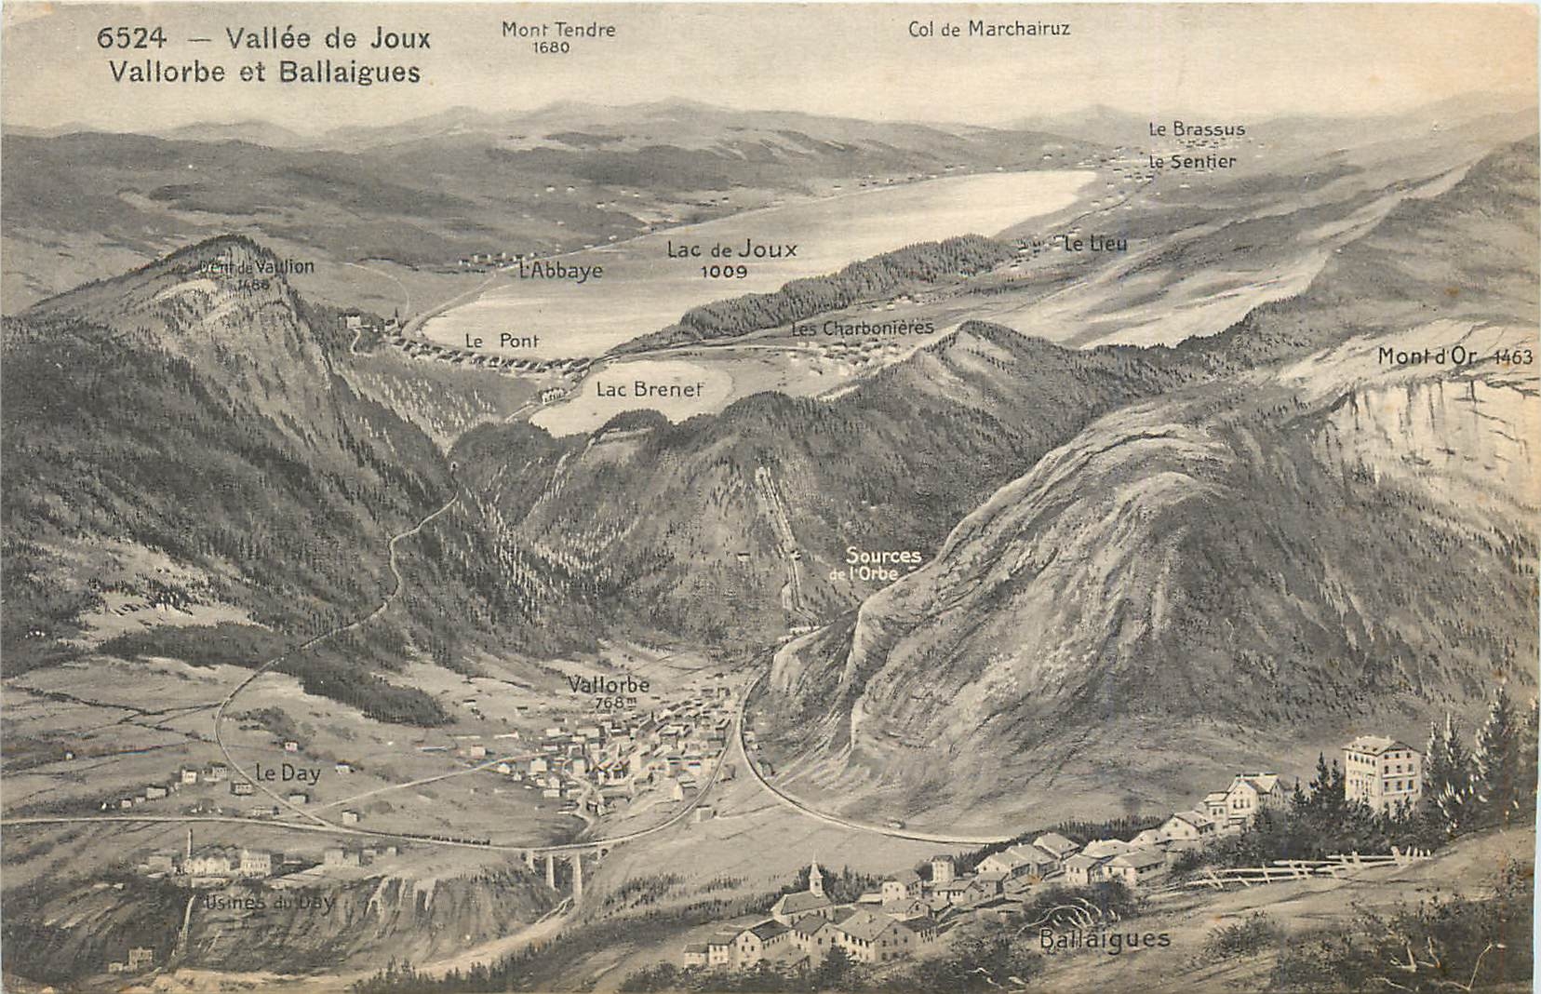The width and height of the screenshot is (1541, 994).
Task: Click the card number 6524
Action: [131, 38]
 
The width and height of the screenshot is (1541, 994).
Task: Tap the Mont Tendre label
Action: [557, 30]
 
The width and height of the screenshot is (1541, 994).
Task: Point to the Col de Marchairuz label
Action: [988, 29]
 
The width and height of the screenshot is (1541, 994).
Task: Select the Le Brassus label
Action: [1197, 129]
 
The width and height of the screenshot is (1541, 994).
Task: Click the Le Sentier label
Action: [1192, 161]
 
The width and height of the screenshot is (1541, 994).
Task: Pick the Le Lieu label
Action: [1095, 244]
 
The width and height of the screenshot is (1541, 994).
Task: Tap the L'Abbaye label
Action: [561, 271]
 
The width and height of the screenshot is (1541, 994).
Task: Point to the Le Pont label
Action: [502, 341]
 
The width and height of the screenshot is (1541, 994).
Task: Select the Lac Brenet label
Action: [649, 389]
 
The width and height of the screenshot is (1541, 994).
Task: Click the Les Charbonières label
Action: [862, 329]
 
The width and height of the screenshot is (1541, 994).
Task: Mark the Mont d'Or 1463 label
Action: [1454, 356]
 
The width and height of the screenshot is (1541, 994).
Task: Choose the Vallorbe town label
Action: [609, 686]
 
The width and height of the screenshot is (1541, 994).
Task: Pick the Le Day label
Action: [287, 772]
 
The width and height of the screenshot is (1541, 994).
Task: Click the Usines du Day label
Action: [267, 902]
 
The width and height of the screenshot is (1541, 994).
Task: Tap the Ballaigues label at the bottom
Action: [1104, 938]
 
